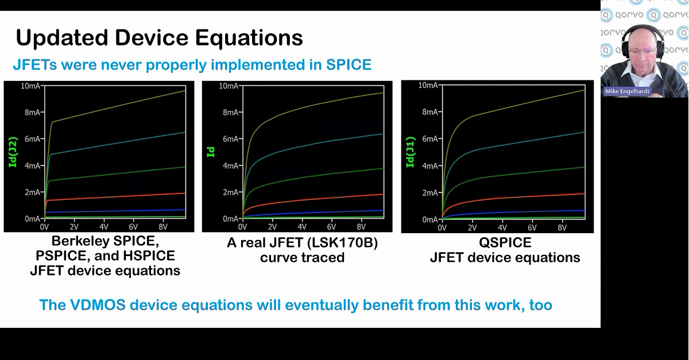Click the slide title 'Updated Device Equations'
click(x=159, y=38)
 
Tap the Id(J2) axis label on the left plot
click(x=13, y=152)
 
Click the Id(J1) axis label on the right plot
click(x=410, y=152)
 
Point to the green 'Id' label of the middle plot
click(x=211, y=152)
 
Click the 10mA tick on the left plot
click(x=30, y=86)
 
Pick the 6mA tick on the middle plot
click(x=230, y=139)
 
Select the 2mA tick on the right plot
click(x=429, y=192)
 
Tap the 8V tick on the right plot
click(x=562, y=228)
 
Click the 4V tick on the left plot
click(x=104, y=227)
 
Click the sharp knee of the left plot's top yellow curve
click(x=52, y=122)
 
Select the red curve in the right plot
click(x=517, y=197)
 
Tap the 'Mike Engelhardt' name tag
click(x=627, y=91)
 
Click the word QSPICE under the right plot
click(x=505, y=243)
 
